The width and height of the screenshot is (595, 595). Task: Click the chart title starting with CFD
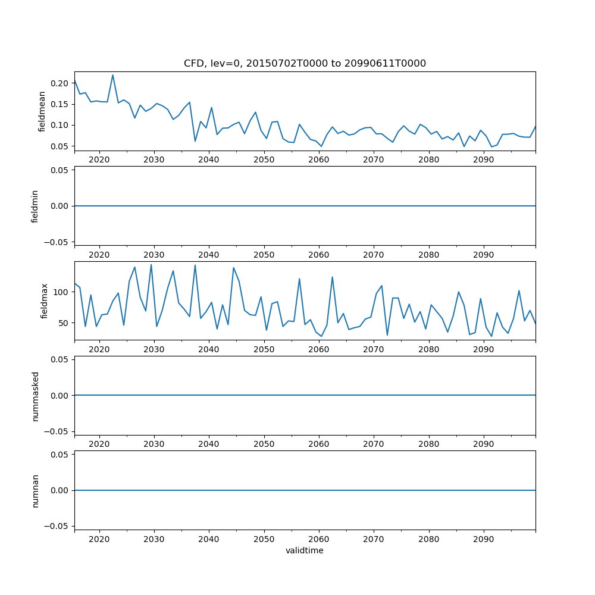[305, 63]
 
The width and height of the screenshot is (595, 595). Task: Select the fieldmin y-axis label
[35, 206]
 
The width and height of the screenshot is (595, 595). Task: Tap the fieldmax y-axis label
[43, 301]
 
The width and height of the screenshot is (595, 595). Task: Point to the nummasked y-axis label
[35, 396]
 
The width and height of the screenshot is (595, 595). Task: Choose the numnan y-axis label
[35, 490]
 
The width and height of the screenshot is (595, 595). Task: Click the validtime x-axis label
[305, 551]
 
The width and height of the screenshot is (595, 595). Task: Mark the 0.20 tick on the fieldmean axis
[59, 83]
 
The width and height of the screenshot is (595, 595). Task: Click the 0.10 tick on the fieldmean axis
[59, 125]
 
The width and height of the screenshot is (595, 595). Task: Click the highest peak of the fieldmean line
[112, 75]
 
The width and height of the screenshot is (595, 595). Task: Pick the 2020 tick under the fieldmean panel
[99, 160]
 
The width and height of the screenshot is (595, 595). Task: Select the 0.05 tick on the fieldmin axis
[59, 170]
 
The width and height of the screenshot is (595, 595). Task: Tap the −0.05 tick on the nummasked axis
[57, 431]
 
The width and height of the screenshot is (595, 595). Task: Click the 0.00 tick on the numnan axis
[59, 490]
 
